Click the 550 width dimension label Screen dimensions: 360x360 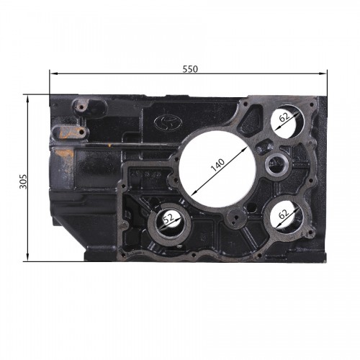click(190, 69)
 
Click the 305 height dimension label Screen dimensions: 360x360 click(24, 181)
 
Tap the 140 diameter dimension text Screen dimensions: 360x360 click(217, 165)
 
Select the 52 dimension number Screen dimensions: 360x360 click(168, 218)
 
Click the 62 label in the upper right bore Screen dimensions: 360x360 click(284, 117)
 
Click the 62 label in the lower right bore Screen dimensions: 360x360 click(284, 214)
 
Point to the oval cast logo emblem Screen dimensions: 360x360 click(168, 122)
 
